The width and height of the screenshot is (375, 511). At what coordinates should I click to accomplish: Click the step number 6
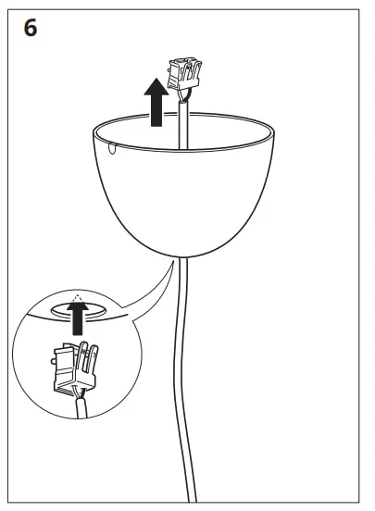pyautogui.click(x=30, y=28)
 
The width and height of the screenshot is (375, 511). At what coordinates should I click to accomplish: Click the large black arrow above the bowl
pyautogui.click(x=158, y=102)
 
